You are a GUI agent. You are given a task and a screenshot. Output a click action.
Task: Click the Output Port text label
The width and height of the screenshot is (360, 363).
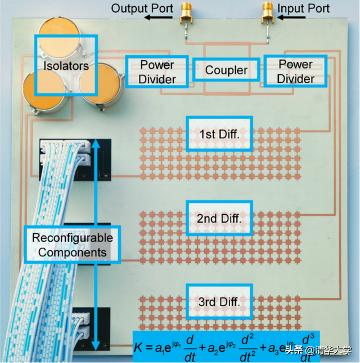coord(141,8)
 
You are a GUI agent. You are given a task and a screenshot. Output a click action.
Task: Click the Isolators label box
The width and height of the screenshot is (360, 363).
coord(66,66)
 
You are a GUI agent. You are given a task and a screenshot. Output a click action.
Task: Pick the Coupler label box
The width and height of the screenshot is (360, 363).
coord(226,70)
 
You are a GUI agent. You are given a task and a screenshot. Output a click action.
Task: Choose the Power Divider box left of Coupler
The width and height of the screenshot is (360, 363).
coord(158,72)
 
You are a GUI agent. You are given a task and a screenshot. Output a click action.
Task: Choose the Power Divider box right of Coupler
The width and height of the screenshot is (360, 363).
coord(295,71)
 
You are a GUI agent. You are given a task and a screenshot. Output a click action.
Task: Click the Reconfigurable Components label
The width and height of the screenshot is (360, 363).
coord(72,245)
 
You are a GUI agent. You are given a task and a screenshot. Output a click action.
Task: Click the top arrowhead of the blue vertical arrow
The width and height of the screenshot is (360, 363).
coord(96,143)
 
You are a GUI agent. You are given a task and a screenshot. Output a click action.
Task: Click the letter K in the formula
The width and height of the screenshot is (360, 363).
coord(139,348)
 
